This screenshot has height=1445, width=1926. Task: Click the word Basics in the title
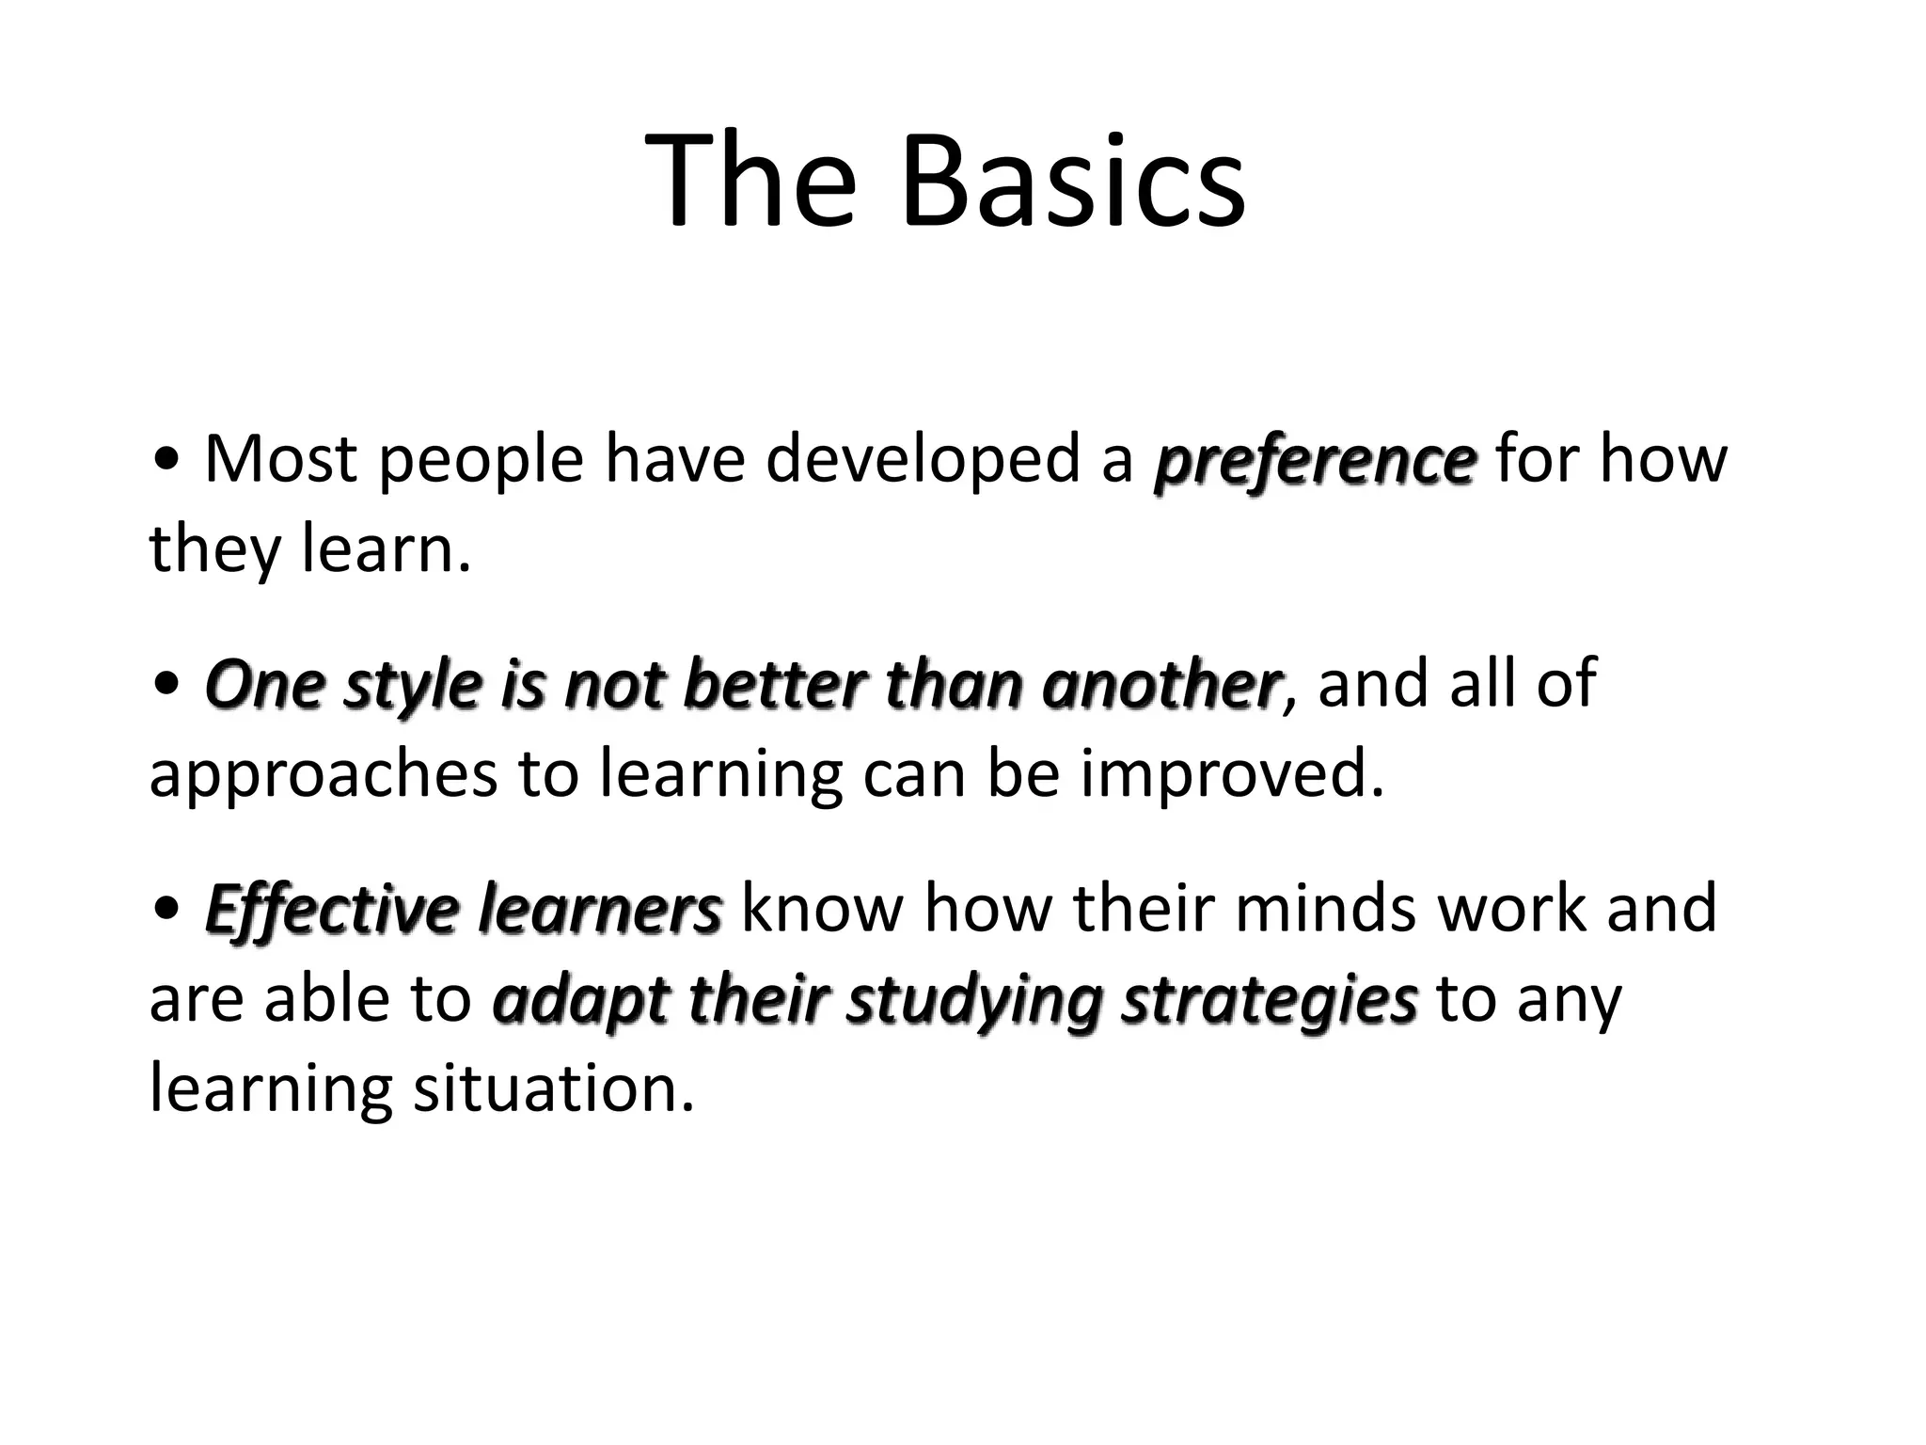pyautogui.click(x=1072, y=181)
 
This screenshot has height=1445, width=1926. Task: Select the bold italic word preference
pyautogui.click(x=1315, y=461)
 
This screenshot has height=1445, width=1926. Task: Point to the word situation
pyautogui.click(x=554, y=1089)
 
